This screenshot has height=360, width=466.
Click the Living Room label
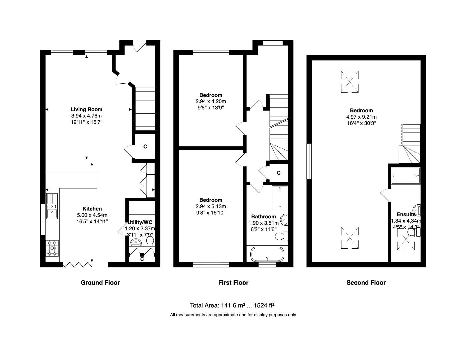(x=86, y=109)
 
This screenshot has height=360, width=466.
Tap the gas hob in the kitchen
(x=52, y=248)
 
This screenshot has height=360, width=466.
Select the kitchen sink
(x=52, y=206)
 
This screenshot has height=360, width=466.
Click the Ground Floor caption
(x=100, y=283)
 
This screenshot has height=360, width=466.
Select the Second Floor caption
(x=366, y=283)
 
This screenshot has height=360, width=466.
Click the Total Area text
(x=232, y=305)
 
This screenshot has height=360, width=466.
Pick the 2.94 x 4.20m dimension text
(x=211, y=101)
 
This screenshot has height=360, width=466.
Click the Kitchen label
(x=92, y=209)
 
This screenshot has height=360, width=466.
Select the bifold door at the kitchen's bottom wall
(x=78, y=265)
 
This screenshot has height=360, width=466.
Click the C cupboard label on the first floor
(x=279, y=173)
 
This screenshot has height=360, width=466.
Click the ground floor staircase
(x=145, y=108)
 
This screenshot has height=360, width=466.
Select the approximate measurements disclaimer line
(x=233, y=315)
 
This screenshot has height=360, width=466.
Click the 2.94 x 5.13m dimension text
(x=211, y=206)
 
